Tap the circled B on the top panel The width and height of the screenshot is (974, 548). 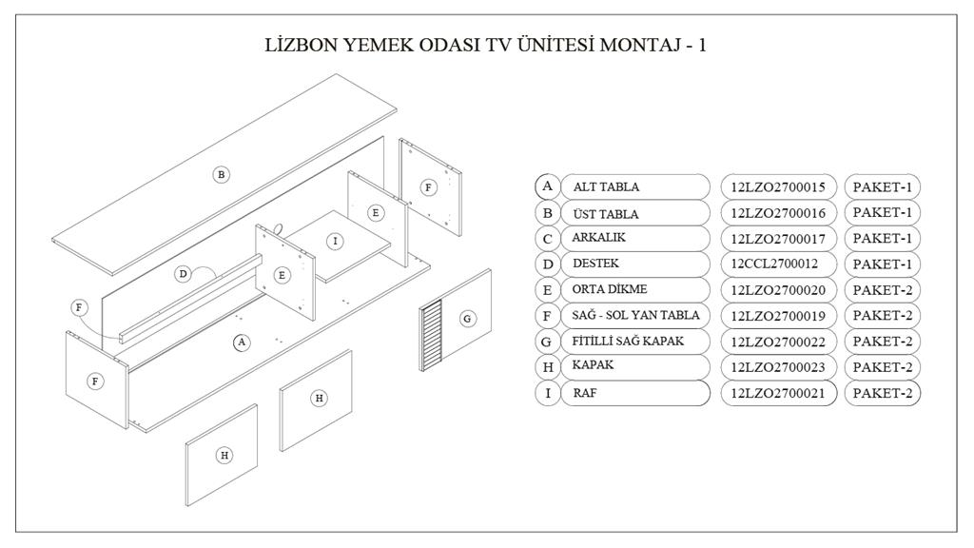pyautogui.click(x=221, y=175)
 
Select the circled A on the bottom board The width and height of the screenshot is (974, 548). pyautogui.click(x=242, y=342)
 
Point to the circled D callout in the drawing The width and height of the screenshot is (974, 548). pyautogui.click(x=183, y=274)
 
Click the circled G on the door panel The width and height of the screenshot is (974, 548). pyautogui.click(x=468, y=320)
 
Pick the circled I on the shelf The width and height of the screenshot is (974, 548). pyautogui.click(x=336, y=241)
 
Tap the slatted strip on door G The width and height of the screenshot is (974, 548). pyautogui.click(x=432, y=335)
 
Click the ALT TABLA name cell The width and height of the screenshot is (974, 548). pyautogui.click(x=635, y=187)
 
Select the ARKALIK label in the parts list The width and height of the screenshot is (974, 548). pyautogui.click(x=599, y=237)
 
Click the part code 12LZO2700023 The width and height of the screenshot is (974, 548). pyautogui.click(x=779, y=367)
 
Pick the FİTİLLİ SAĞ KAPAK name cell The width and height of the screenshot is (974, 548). pyautogui.click(x=635, y=342)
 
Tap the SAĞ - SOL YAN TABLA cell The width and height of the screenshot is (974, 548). pyautogui.click(x=635, y=316)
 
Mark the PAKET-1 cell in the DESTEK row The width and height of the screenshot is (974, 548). pyautogui.click(x=882, y=264)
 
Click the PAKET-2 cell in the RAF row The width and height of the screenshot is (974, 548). pyautogui.click(x=882, y=393)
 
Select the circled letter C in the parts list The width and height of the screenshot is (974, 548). pyautogui.click(x=547, y=239)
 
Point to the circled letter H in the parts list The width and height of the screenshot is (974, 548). pyautogui.click(x=547, y=367)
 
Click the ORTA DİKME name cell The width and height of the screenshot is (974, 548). pyautogui.click(x=635, y=289)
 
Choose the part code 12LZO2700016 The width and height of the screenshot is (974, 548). pyautogui.click(x=779, y=212)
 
